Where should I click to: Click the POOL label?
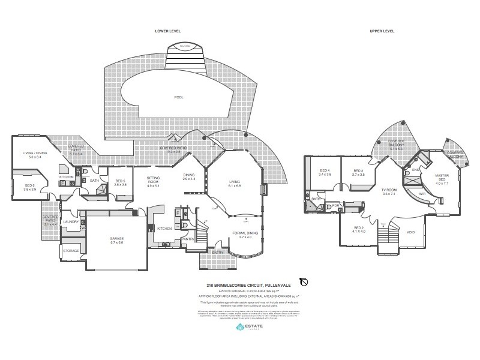click(x=178, y=97)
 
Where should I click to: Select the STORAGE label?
click(x=71, y=251)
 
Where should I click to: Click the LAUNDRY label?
click(x=71, y=221)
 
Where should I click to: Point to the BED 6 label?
click(x=30, y=187)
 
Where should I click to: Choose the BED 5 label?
click(x=120, y=182)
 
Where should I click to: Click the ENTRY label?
click(x=217, y=252)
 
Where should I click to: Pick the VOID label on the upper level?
click(x=411, y=232)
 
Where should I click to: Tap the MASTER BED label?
click(x=442, y=178)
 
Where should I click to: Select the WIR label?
click(x=422, y=194)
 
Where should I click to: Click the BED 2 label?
click(x=359, y=229)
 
